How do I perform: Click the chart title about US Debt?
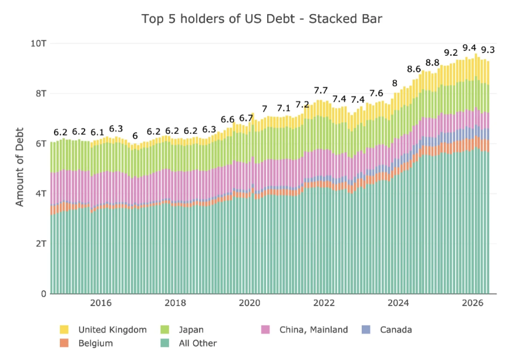262,19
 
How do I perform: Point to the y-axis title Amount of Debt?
19,167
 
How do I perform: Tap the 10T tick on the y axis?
38,43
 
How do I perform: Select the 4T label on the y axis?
41,194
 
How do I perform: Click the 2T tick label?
41,244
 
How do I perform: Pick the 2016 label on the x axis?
101,303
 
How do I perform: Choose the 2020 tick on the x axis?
250,303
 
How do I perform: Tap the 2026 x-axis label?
473,303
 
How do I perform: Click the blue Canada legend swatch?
366,329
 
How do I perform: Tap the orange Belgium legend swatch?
64,343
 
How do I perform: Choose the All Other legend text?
198,343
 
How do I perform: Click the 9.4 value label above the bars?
469,48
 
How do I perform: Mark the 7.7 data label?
321,90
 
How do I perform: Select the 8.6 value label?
414,69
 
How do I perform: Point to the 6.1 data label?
97,132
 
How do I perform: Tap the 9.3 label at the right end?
488,50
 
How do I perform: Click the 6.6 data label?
227,119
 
